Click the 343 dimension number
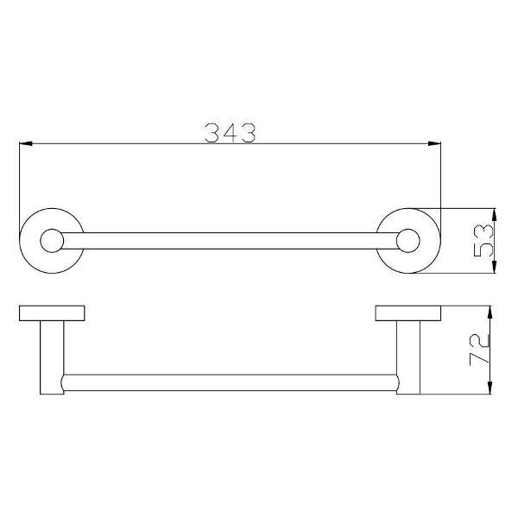click(x=231, y=133)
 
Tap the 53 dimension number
click(x=483, y=241)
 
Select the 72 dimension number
click(x=479, y=350)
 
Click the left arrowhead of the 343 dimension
click(x=26, y=143)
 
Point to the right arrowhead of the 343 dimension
click(x=434, y=143)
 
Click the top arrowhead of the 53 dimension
click(x=494, y=215)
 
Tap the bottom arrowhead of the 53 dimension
click(x=494, y=267)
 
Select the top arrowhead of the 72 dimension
click(x=490, y=313)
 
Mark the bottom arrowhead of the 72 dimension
click(x=490, y=388)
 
